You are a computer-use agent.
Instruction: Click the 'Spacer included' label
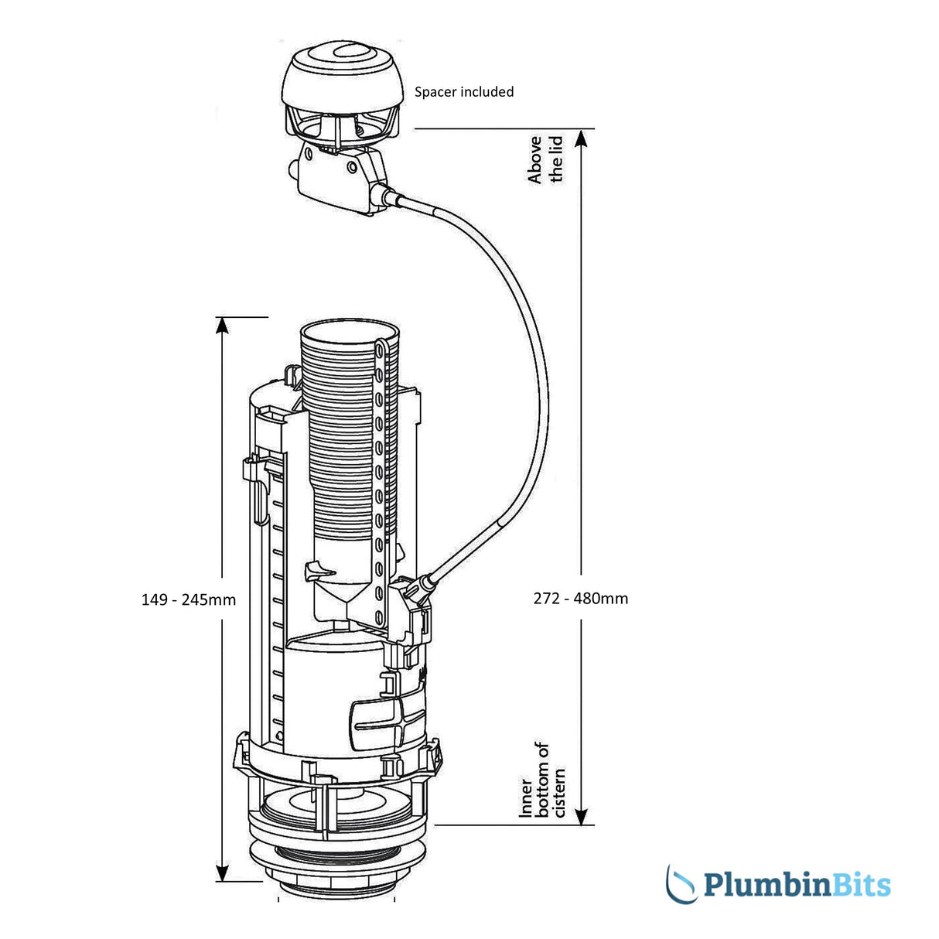464,92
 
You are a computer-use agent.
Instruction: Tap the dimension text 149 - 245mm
189,599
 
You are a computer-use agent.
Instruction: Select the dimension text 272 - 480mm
581,598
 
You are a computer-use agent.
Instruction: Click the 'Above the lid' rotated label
545,159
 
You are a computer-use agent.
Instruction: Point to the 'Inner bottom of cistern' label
542,780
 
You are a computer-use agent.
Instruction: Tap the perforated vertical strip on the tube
379,480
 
